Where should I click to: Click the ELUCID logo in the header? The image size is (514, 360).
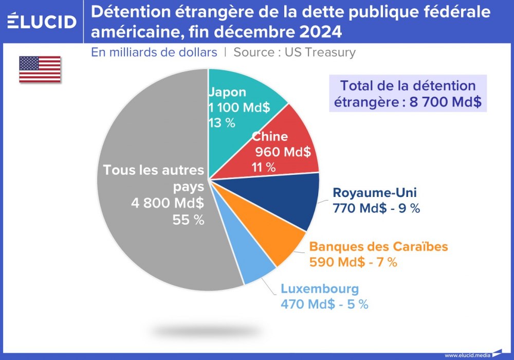coord(42,21)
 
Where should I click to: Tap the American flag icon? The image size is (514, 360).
coord(40,69)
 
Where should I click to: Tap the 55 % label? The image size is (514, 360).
coord(188,220)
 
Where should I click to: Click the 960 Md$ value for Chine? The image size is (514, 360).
coord(283,152)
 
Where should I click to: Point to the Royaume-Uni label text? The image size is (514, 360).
coord(375,193)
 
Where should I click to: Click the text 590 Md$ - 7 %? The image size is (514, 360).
coord(353,262)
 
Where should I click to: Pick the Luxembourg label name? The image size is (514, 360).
coord(319,289)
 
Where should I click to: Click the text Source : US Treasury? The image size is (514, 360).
coord(295,52)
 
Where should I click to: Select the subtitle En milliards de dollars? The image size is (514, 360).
coord(154,52)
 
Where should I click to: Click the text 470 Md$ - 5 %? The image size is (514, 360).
coord(324,304)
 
